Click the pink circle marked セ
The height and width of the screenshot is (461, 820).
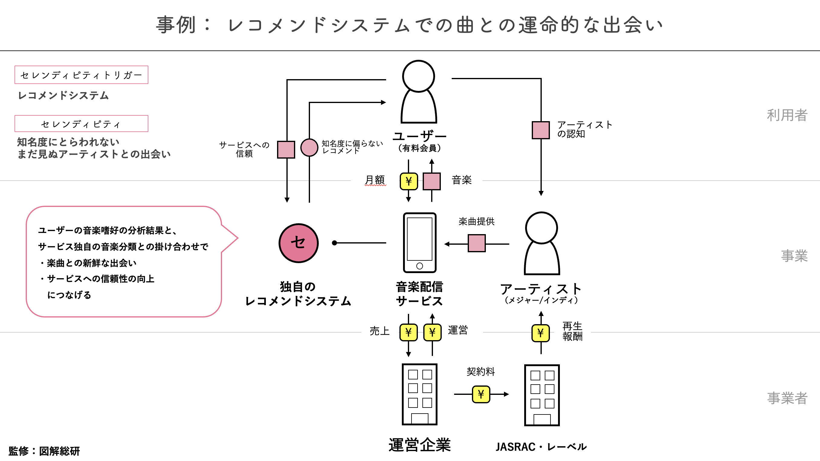click(x=298, y=243)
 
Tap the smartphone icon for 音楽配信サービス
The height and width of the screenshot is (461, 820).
click(x=420, y=243)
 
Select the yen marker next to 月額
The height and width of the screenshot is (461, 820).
click(x=409, y=182)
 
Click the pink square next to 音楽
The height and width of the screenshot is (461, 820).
click(x=432, y=182)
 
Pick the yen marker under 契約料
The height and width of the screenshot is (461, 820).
click(x=481, y=394)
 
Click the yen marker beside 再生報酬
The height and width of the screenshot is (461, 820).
click(x=541, y=333)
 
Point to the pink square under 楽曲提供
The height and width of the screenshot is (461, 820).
click(x=476, y=243)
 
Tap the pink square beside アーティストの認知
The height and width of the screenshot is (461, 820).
click(x=541, y=130)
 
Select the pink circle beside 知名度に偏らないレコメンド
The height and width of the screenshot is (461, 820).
click(x=309, y=147)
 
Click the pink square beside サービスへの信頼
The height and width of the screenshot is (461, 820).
click(x=286, y=149)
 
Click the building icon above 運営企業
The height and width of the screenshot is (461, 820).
click(x=420, y=394)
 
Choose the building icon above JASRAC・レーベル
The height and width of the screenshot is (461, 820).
click(x=542, y=395)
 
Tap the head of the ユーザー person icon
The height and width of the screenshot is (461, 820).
click(x=418, y=76)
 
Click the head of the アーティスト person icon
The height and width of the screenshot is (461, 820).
click(x=541, y=228)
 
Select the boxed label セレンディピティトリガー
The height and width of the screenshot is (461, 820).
click(x=81, y=75)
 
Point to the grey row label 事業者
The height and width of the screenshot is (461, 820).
click(x=787, y=398)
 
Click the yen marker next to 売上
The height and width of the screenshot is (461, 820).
click(x=408, y=332)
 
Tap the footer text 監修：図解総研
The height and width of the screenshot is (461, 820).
click(x=44, y=451)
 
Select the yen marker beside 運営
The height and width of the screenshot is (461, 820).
click(x=432, y=332)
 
